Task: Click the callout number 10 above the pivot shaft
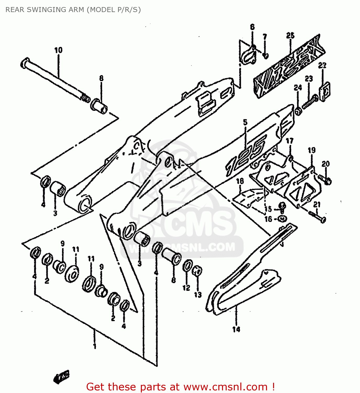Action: point(58,50)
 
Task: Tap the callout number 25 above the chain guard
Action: point(290,35)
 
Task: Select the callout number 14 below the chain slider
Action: point(236,329)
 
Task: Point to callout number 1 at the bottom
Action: point(95,346)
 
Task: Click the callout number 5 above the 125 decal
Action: point(245,122)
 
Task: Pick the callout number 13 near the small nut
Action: point(198,294)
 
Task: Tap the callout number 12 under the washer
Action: point(186,288)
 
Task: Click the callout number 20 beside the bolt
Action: point(326,164)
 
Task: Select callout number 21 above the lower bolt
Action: point(317,204)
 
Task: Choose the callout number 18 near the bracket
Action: point(240,181)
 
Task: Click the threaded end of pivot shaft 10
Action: point(85,98)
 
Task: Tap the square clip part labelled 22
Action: point(324,91)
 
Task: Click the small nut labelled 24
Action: point(298,111)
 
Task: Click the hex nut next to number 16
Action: point(282,219)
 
